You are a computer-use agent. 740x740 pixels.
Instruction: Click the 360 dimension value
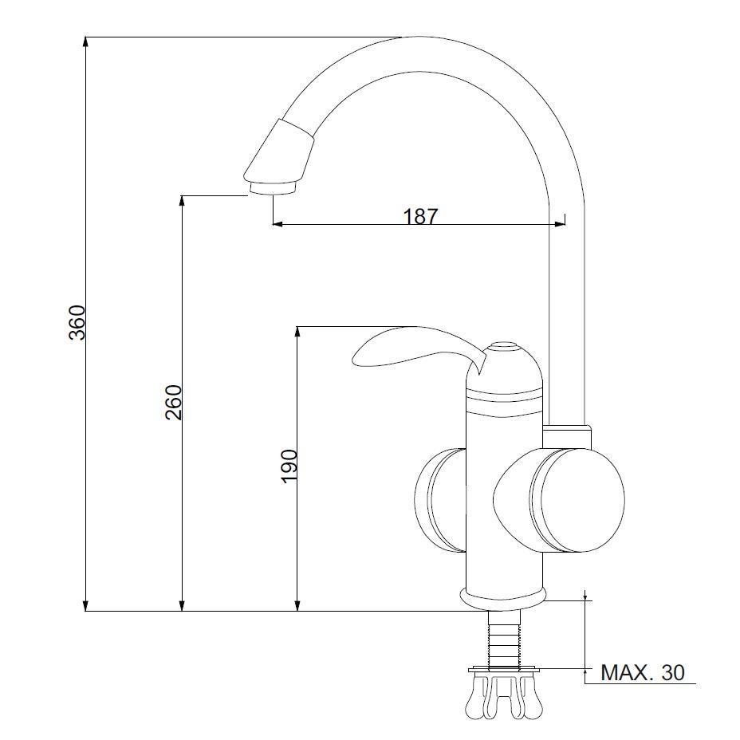coord(77,323)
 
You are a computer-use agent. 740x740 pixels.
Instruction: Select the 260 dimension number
coord(173,402)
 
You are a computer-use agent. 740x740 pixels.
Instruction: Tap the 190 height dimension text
coord(289,466)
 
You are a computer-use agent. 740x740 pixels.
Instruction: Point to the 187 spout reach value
coord(420,216)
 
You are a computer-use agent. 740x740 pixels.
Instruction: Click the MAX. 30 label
coord(642,672)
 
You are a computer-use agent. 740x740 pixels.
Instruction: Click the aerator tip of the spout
coord(273,188)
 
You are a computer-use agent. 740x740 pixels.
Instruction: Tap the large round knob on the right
coord(577,500)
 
